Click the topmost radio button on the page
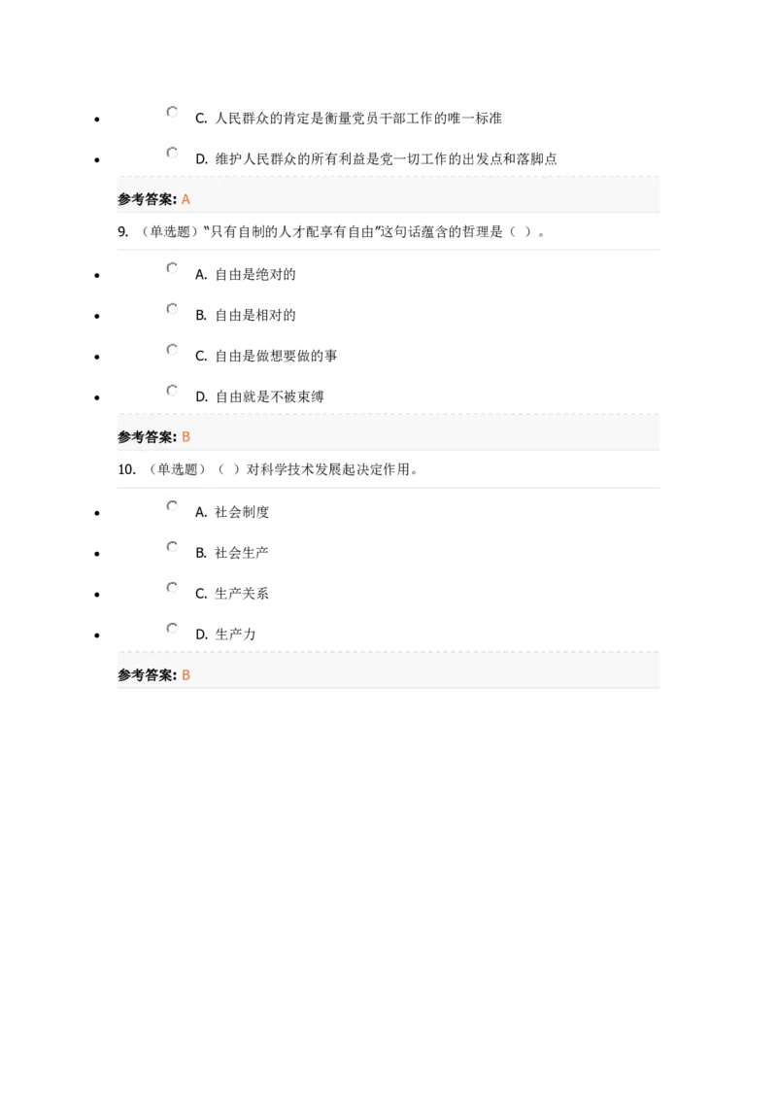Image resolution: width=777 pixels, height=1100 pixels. pos(172,113)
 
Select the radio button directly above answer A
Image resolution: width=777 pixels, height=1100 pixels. pos(172,153)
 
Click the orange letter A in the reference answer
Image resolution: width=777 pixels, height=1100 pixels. pos(186,199)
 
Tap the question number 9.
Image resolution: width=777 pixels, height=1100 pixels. pos(122,231)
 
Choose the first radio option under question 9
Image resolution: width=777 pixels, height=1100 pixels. pos(172,267)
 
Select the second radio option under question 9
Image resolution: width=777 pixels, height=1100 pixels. pos(172,309)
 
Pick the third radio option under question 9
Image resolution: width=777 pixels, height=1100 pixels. pos(172,349)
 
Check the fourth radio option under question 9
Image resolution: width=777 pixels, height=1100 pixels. pos(172,390)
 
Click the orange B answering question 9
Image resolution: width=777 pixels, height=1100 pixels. pos(186,437)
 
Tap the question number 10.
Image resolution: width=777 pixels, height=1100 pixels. pos(126,469)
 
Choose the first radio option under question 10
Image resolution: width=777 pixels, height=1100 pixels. pos(172,505)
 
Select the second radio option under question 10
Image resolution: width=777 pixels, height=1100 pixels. pos(172,547)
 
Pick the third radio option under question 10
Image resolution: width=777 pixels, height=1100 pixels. pos(172,587)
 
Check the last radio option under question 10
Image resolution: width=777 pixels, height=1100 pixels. pos(172,628)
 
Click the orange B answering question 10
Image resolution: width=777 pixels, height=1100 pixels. pos(186,675)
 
